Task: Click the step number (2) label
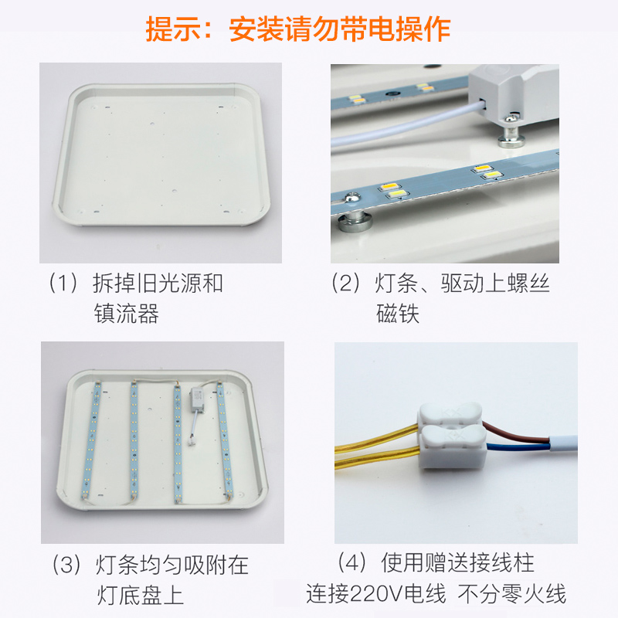[x=347, y=284]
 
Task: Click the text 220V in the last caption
[x=379, y=594]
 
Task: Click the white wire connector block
[x=449, y=441]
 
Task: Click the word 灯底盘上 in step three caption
[x=141, y=596]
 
